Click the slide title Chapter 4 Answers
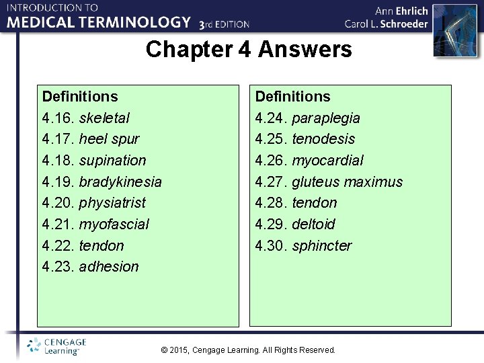click(x=249, y=50)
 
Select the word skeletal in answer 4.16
click(x=104, y=118)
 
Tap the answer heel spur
click(x=109, y=139)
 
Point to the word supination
click(x=112, y=161)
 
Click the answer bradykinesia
click(x=120, y=182)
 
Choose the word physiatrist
click(x=112, y=203)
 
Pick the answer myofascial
click(x=114, y=224)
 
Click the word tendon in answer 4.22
click(x=102, y=245)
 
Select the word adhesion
click(x=109, y=267)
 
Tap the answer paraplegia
click(x=326, y=118)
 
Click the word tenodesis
click(x=323, y=139)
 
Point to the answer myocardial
click(x=327, y=161)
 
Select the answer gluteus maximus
click(x=347, y=182)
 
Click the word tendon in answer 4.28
click(x=315, y=203)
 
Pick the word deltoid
click(x=313, y=224)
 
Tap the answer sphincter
click(x=321, y=245)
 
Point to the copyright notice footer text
click(x=249, y=350)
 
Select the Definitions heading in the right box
click(x=292, y=97)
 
